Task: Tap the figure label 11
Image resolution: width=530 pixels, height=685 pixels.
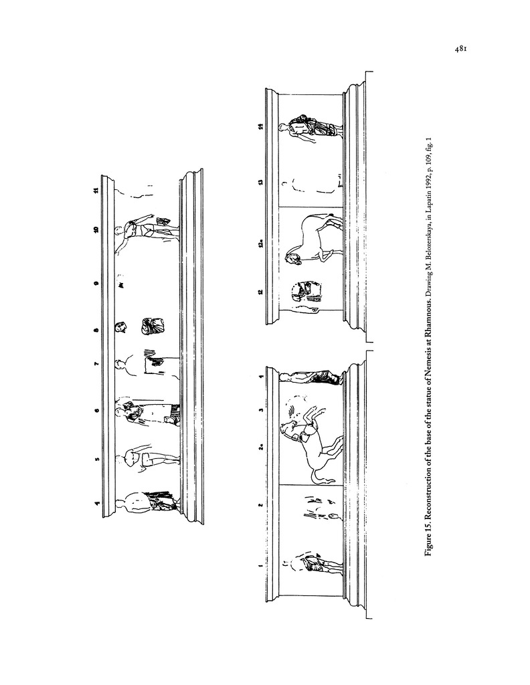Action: point(96,190)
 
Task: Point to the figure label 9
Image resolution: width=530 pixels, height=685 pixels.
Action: point(96,283)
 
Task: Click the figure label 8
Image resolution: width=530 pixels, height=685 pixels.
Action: point(96,330)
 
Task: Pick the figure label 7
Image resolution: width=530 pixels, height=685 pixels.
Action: point(96,363)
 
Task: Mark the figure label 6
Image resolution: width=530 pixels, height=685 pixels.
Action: point(96,410)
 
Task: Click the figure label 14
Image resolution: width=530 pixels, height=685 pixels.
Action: point(260,126)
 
